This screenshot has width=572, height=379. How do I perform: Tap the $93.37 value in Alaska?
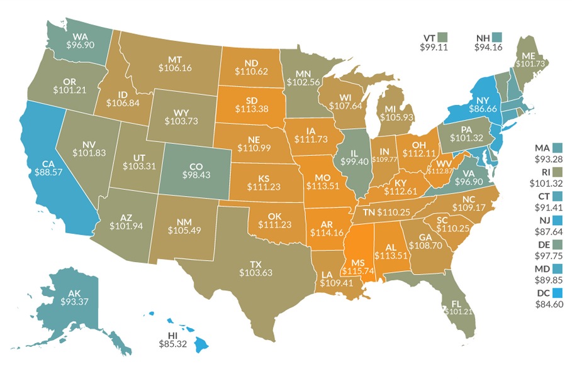pyautogui.click(x=74, y=301)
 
